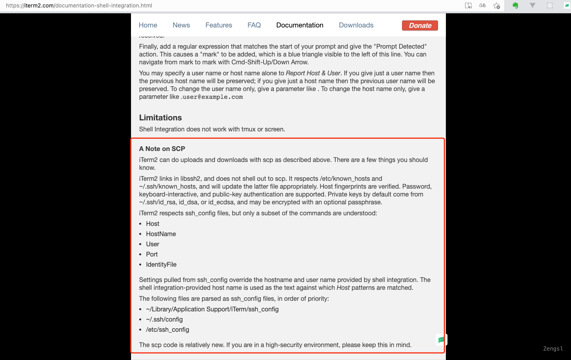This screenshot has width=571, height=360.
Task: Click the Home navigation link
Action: point(148,25)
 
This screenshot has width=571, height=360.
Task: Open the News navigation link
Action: point(181,25)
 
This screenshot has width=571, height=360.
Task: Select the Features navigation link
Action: point(218,25)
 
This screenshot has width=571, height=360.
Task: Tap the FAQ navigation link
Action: point(254,25)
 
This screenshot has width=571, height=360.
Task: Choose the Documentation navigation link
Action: point(300,25)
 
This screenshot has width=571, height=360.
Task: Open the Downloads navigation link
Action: point(356,25)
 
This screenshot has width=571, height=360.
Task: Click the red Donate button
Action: point(420,25)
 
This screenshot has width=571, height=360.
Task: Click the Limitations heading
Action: point(160,118)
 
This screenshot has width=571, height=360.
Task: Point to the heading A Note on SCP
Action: point(162,149)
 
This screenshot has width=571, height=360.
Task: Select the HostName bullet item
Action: point(161,234)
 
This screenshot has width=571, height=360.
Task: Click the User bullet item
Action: point(153,244)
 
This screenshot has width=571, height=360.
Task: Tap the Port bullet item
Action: point(152,254)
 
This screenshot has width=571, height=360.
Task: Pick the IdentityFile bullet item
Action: point(161,264)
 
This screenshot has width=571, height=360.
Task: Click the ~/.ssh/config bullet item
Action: point(164,319)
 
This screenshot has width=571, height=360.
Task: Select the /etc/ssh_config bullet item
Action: point(167,329)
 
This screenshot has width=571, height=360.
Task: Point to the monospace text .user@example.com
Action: point(212,97)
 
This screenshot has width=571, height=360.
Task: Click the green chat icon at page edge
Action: point(441,340)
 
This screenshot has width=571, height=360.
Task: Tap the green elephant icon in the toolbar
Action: point(515,5)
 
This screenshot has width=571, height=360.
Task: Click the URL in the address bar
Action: point(79,5)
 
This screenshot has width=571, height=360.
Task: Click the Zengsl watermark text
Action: point(553,349)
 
